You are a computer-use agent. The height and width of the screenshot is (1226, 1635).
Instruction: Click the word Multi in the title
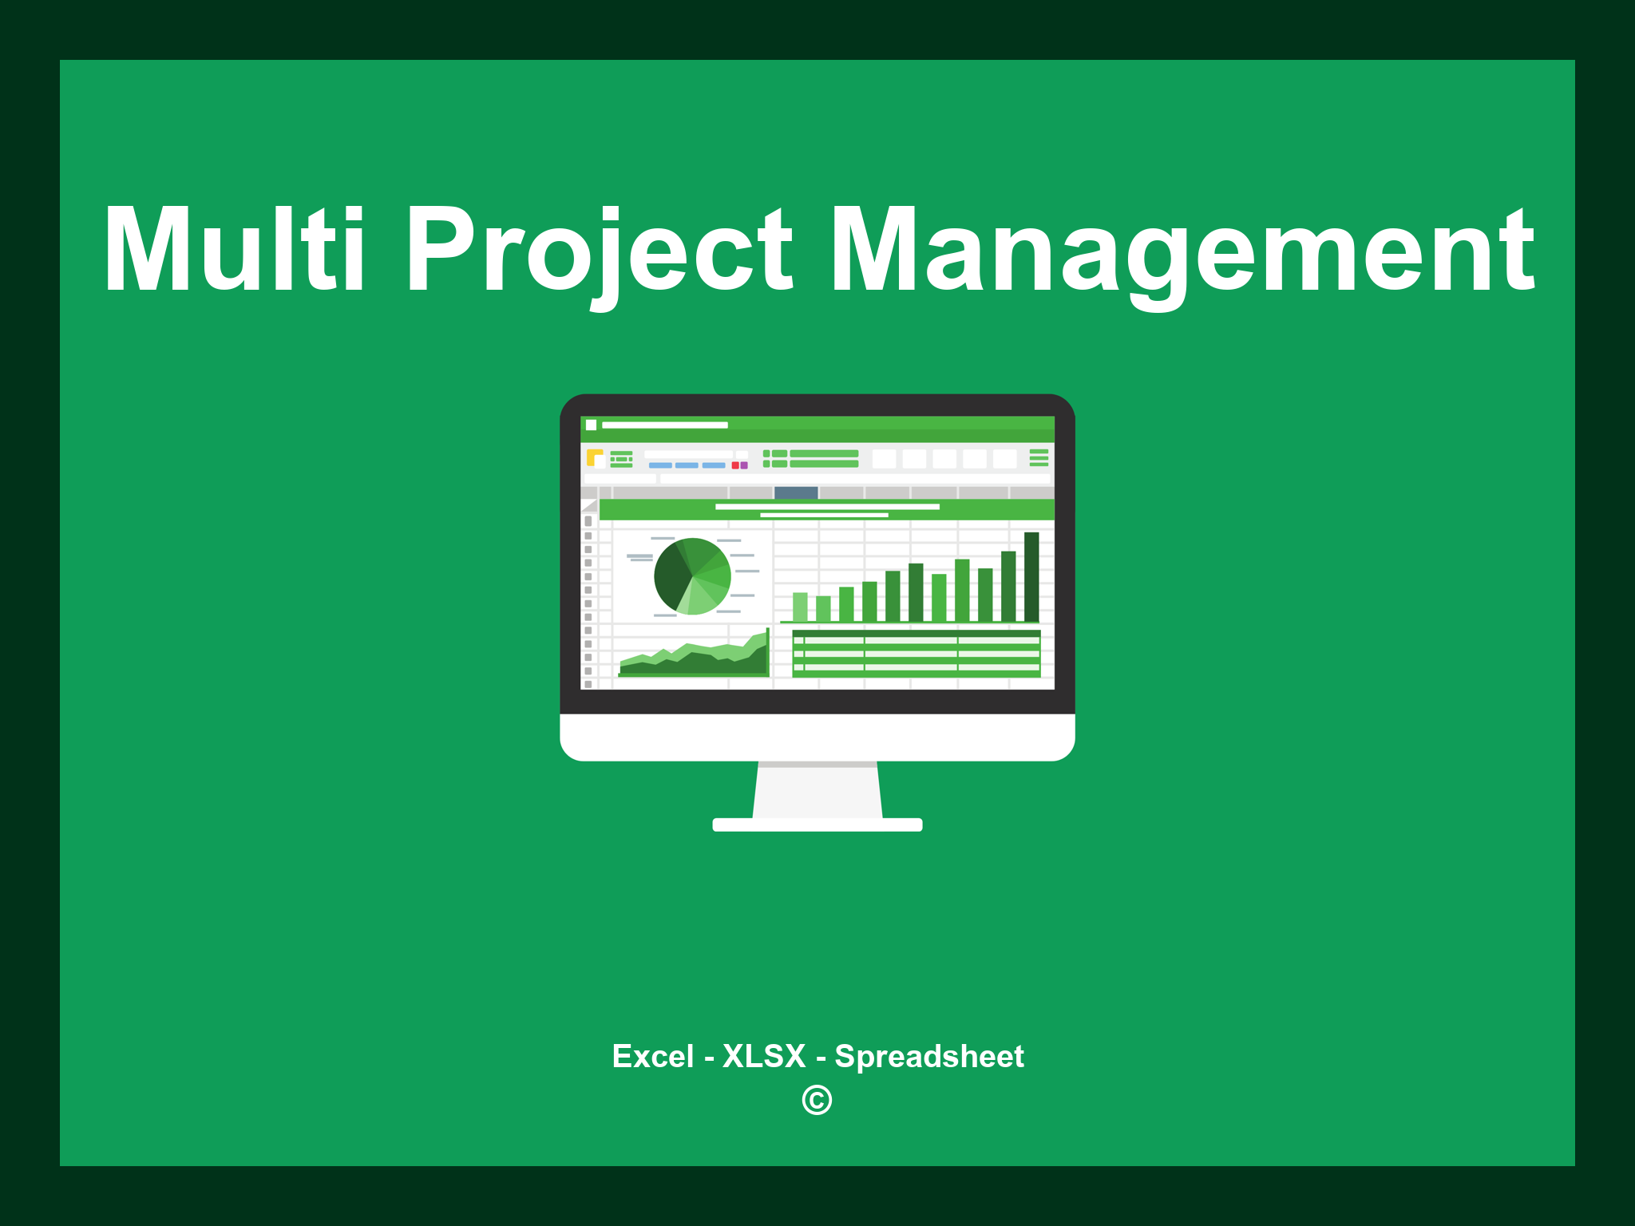coord(235,249)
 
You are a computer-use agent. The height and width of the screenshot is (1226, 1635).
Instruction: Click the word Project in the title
coord(600,255)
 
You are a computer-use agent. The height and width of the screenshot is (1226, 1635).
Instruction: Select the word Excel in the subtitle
coord(653,1056)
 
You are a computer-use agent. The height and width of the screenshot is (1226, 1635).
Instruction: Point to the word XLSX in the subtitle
coord(764,1056)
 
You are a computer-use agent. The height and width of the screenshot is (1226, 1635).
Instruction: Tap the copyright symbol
coord(817,1100)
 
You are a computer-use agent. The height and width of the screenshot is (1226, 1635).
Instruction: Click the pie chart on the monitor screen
coord(692,576)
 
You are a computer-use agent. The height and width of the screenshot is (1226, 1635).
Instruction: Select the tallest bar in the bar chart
coord(1031,576)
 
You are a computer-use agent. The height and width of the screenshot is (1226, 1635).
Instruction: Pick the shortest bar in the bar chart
coord(823,608)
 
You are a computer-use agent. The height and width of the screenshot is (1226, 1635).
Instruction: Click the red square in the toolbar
coord(735,465)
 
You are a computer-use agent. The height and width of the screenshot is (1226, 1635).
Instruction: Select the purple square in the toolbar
coord(744,465)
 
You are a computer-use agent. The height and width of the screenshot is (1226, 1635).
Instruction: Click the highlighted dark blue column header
coord(796,492)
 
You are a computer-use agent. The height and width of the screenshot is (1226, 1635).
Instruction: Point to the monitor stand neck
coord(817,790)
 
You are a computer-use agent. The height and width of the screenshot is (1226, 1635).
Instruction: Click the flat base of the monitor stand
coord(817,825)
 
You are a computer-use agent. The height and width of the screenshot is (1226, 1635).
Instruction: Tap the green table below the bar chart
coord(916,654)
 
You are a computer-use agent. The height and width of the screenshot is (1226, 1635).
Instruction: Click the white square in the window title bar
coord(592,425)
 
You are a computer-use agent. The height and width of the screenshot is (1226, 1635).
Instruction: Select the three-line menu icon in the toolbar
coord(1039,457)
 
